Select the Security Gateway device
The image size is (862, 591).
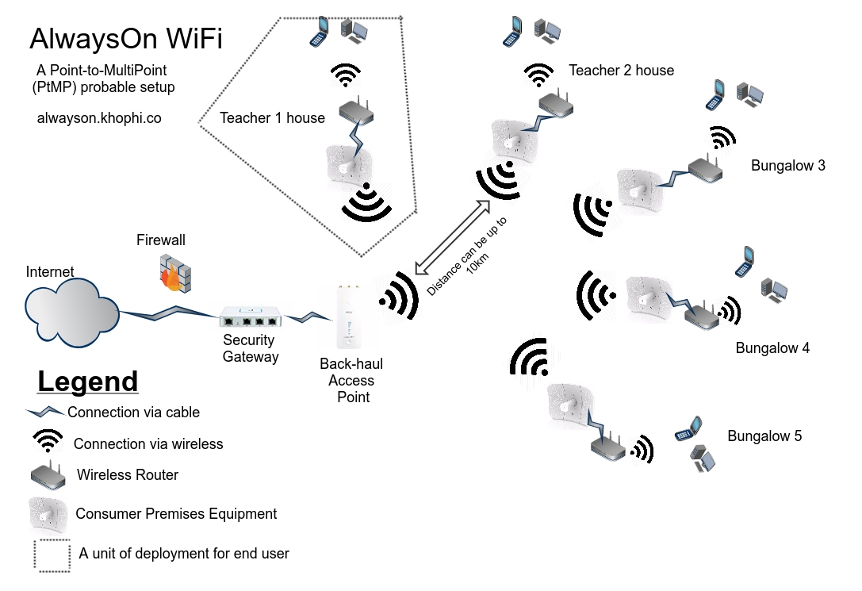(251, 318)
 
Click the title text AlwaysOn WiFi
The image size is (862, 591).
(125, 39)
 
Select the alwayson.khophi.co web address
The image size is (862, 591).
(99, 118)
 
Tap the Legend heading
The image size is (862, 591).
(87, 382)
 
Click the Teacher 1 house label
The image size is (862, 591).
(272, 118)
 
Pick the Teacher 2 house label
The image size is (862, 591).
(621, 71)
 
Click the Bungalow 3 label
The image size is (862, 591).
(787, 166)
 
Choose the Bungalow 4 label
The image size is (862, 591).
(772, 348)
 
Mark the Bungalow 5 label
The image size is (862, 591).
(764, 436)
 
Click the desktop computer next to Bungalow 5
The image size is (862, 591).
(703, 459)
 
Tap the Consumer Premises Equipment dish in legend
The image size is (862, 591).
(48, 513)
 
